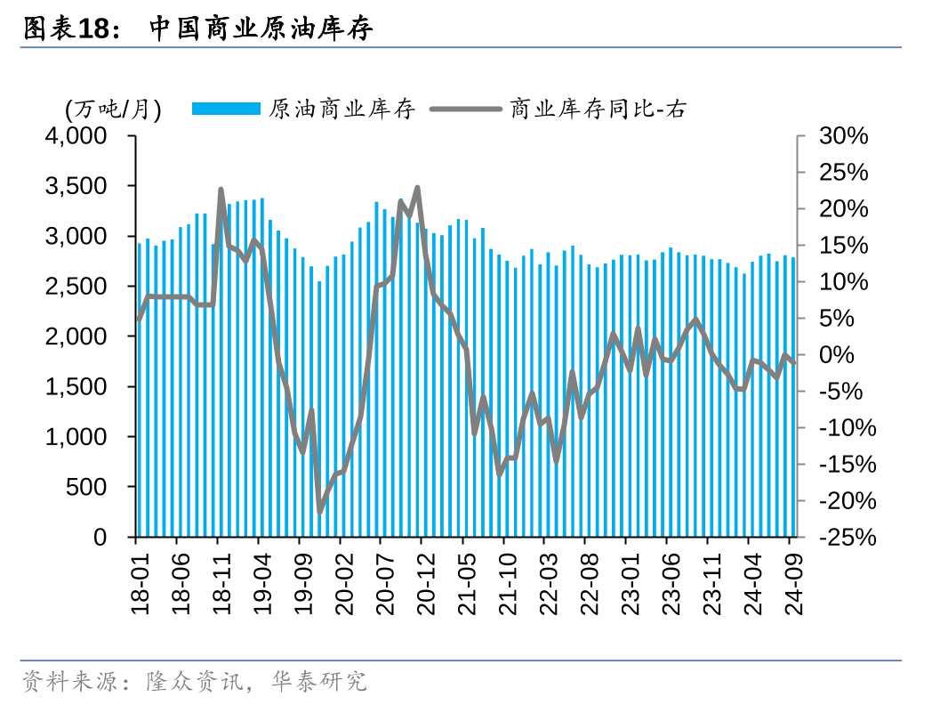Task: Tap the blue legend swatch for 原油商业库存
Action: click(227, 109)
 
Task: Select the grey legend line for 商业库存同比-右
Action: click(466, 109)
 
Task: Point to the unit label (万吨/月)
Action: click(113, 109)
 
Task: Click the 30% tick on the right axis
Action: click(843, 136)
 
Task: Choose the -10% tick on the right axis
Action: click(843, 428)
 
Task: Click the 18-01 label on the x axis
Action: click(139, 579)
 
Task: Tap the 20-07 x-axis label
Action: click(383, 579)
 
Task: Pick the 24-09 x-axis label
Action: click(792, 579)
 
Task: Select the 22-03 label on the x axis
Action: click(547, 579)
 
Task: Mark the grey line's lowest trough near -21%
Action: click(320, 511)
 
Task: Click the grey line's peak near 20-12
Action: click(417, 188)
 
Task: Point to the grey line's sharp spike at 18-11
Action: click(221, 190)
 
